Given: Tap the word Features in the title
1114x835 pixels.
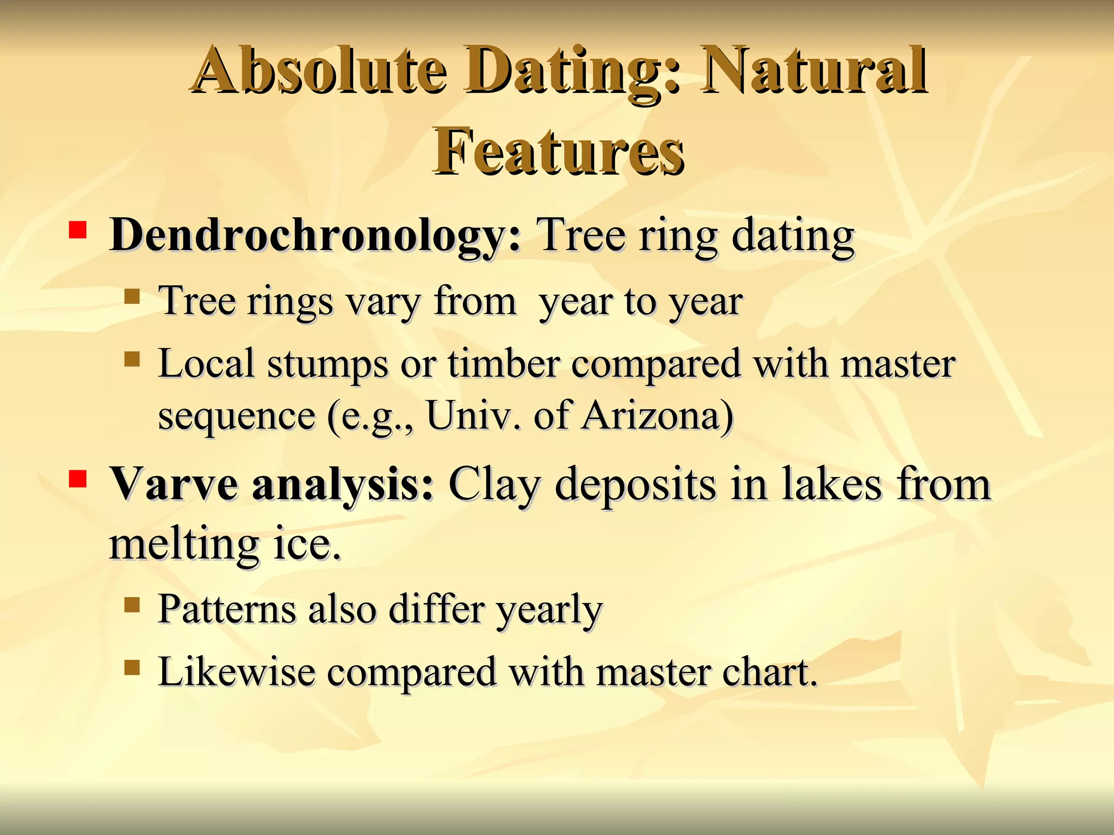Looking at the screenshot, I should pos(558,151).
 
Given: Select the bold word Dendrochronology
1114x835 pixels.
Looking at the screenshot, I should pos(315,235).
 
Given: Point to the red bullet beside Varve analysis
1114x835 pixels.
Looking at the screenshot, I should pos(78,479).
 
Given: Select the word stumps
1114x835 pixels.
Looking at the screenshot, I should pos(327,364).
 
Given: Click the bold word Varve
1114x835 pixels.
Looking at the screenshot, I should pos(174,484).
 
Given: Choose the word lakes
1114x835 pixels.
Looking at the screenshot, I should pos(832,484).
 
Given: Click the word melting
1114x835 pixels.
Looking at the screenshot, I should pos(184,545).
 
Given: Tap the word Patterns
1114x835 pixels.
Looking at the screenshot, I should pos(227,609).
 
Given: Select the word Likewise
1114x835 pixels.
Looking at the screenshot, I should pos(237,672).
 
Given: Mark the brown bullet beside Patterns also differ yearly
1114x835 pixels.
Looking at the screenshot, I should pos(132,605).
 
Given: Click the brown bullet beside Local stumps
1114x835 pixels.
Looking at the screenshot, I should pos(132,359).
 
